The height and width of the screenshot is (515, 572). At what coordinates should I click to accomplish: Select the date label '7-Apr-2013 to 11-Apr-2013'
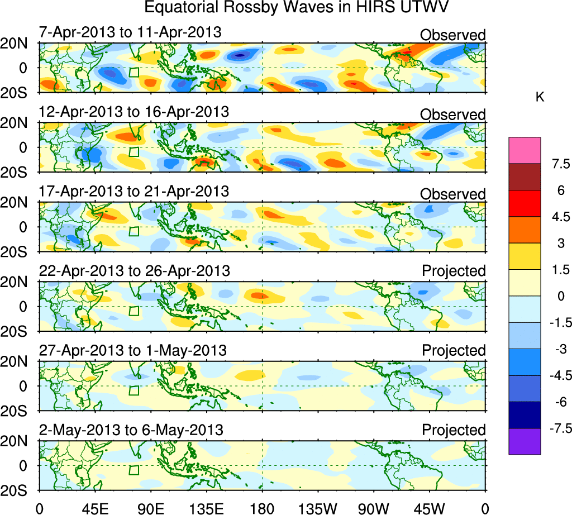coord(130,32)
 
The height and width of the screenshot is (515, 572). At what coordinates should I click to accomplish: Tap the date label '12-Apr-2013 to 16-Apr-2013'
coord(134,112)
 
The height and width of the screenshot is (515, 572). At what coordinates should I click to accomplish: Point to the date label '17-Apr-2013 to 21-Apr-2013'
coord(134,192)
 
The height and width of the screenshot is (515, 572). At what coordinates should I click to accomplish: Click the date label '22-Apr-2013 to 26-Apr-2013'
coord(134,271)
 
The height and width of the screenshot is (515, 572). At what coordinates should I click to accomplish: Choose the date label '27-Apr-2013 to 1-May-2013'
coord(132,351)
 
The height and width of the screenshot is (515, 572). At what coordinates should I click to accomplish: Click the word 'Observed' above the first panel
coord(452,35)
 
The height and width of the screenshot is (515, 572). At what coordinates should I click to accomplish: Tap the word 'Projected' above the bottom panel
coord(454,430)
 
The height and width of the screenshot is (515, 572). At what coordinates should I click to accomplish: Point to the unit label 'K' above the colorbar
coord(540,97)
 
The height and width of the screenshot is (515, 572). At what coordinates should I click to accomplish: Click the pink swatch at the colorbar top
coord(525,150)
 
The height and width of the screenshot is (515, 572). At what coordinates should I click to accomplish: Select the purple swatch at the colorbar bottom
coord(525,441)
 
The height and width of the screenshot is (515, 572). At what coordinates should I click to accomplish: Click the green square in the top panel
coord(134,73)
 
